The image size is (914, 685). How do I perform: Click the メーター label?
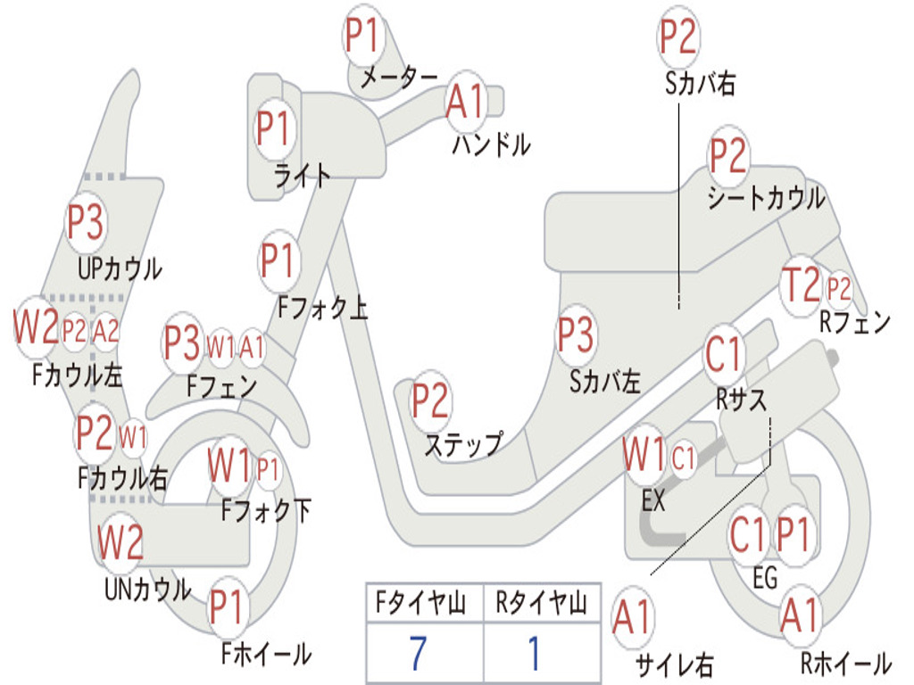click(398, 78)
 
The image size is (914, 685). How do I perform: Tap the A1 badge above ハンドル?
click(465, 101)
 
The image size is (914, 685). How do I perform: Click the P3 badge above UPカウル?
click(86, 222)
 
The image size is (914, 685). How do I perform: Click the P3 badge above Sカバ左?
click(576, 335)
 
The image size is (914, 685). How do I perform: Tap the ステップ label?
click(463, 444)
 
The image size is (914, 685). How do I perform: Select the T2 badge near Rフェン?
click(800, 286)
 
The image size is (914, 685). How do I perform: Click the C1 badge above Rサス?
click(724, 354)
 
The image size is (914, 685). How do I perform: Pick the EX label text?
click(653, 501)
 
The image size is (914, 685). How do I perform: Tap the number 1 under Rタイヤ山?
click(535, 653)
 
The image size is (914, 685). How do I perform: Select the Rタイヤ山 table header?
click(541, 605)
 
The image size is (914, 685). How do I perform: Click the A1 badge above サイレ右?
click(633, 619)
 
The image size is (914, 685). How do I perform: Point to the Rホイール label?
click(845, 663)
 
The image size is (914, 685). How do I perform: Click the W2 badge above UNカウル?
click(120, 541)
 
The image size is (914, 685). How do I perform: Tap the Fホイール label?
click(266, 654)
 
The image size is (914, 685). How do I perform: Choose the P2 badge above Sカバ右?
click(678, 37)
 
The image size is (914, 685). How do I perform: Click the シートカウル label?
click(766, 198)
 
